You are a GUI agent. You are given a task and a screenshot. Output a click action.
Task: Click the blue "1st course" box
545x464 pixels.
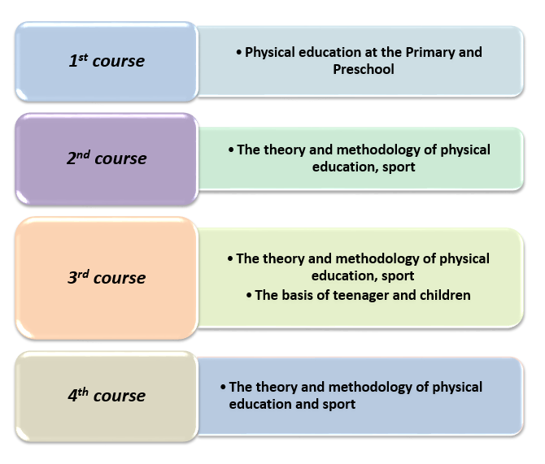tap(107, 62)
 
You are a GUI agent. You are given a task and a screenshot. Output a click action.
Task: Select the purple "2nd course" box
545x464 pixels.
tap(107, 159)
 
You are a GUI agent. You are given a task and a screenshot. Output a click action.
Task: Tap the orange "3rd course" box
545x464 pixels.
tap(107, 278)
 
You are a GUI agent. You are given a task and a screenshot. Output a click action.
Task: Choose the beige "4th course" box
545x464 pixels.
tap(107, 397)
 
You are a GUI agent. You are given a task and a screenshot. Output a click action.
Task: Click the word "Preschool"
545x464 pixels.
tap(364, 69)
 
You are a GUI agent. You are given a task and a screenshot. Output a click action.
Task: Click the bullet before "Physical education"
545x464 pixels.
tap(239, 53)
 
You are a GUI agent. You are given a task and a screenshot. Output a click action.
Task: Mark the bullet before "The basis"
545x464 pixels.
tap(249, 296)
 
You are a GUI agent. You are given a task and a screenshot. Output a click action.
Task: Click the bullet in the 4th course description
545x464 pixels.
tap(223, 388)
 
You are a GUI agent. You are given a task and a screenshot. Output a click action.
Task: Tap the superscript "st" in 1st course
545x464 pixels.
tap(83, 58)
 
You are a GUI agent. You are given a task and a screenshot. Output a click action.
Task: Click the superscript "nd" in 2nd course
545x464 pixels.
tap(84, 154)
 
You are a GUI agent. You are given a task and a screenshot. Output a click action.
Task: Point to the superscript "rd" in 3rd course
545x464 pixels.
tap(83, 274)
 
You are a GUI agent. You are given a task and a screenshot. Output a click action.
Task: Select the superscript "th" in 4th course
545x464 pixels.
tap(83, 392)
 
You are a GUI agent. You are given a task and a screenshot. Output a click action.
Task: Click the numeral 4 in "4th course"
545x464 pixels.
tap(72, 396)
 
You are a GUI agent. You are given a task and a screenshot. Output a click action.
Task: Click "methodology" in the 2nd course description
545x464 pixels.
tap(378, 150)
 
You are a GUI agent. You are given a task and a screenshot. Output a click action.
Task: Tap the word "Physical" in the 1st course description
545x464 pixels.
tap(270, 53)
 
